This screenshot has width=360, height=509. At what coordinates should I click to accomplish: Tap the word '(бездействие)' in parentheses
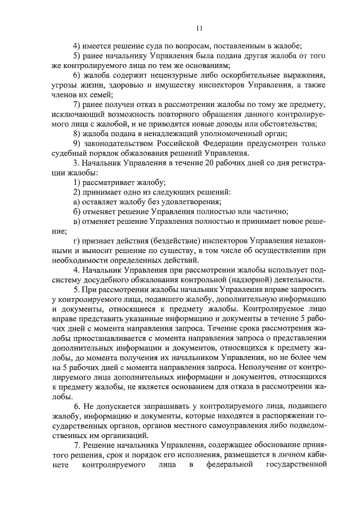[154, 241]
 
